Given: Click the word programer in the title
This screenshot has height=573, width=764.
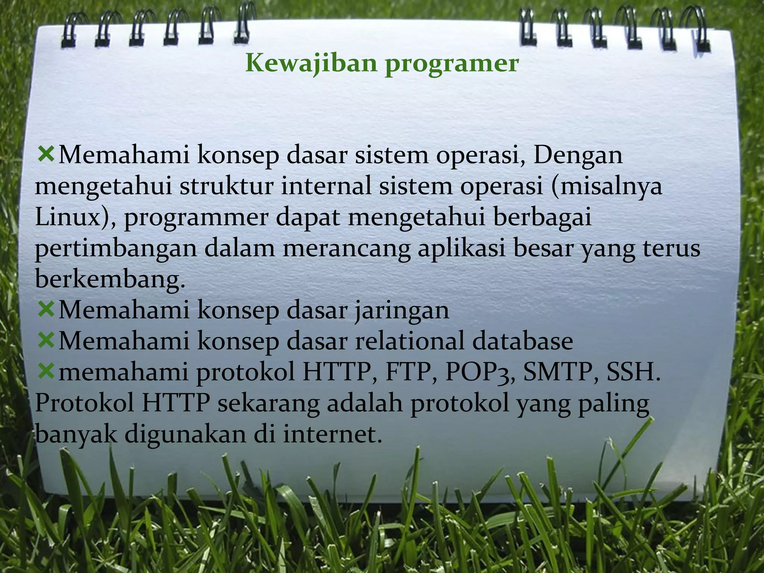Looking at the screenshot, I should [452, 64].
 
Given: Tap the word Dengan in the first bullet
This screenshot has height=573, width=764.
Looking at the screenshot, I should [578, 155].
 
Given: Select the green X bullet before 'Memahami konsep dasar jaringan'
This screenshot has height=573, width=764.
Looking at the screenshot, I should [46, 309].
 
